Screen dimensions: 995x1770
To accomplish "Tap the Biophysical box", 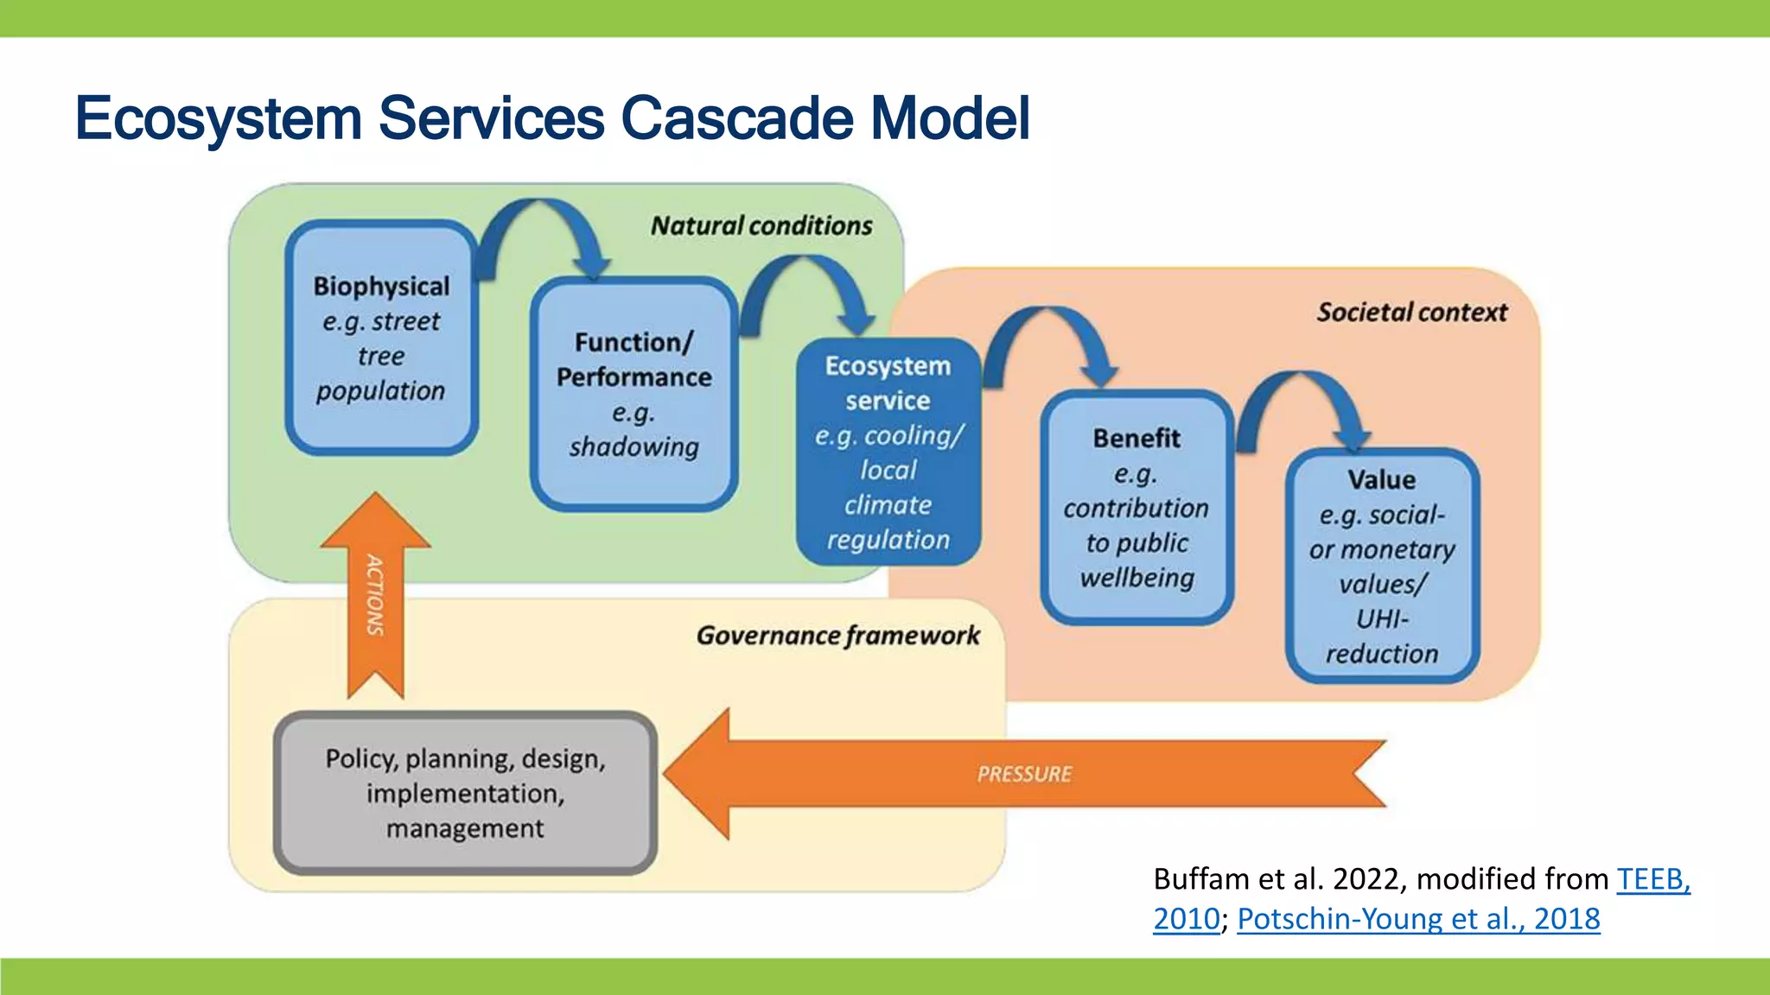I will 381,339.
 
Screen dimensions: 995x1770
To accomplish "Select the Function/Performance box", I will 634,394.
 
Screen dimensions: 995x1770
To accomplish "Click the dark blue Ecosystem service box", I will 888,453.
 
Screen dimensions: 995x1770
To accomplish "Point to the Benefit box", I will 1136,507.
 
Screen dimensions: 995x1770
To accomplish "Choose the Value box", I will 1381,566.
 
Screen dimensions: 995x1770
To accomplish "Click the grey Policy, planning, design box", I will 465,793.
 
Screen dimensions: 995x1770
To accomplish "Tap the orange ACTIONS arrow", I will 375,596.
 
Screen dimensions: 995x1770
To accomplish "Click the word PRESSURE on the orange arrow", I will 1024,774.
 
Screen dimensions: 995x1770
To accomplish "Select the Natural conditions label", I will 761,226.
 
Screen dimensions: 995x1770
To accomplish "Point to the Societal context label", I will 1411,313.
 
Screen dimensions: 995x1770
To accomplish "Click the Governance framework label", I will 837,637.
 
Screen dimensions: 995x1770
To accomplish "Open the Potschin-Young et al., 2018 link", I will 1418,919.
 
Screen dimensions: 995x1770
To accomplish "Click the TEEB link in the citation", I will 1652,879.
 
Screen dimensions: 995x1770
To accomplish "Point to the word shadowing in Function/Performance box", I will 634,447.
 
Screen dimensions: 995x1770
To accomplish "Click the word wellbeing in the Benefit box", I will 1136,578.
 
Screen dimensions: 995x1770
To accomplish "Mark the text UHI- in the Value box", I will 1381,619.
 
